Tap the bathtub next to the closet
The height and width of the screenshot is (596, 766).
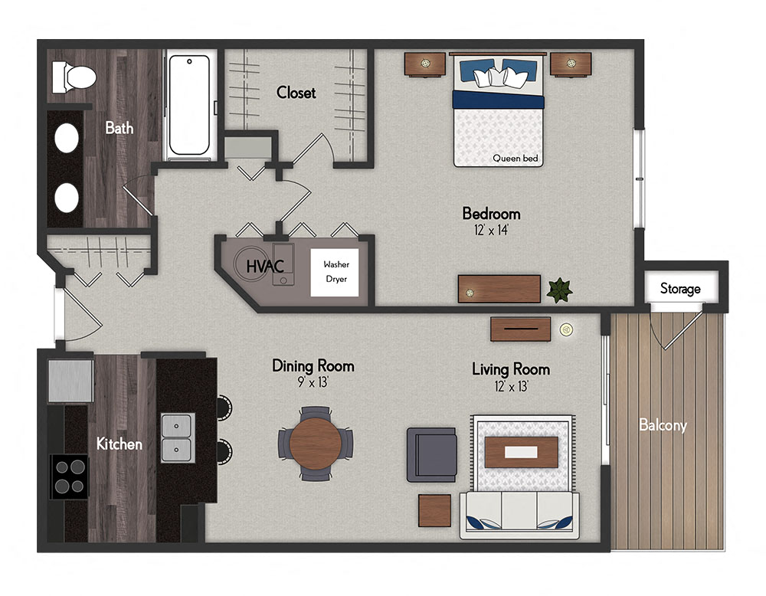point(191,104)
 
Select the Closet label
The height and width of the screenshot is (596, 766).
point(296,93)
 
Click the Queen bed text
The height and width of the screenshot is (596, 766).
point(516,159)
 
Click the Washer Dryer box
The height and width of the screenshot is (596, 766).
point(336,272)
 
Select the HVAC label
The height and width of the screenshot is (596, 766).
point(265,267)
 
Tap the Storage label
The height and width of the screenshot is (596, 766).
point(680,289)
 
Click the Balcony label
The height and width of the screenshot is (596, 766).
point(663,425)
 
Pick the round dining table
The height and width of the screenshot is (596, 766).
point(316,443)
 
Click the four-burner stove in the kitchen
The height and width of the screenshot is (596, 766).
point(70,476)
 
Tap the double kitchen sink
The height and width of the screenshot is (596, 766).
point(177,437)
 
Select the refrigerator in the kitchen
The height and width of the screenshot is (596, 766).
point(70,381)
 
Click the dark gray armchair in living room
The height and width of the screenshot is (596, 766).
point(430,454)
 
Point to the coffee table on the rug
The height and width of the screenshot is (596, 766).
point(522,451)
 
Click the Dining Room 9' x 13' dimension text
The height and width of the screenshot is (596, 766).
point(313,382)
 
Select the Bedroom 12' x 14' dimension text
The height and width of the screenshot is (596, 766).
point(491,229)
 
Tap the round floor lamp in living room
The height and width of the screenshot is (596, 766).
point(566,329)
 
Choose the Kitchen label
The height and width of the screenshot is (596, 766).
point(119,444)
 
